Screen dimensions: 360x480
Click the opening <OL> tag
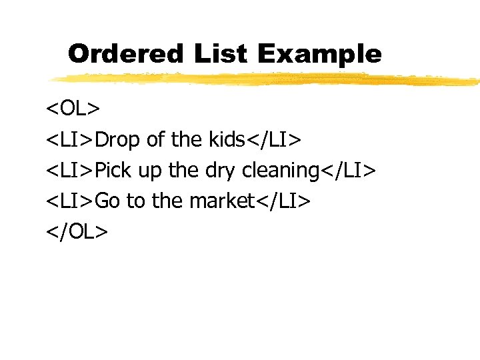[73, 109]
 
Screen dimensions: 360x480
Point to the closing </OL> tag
[77, 231]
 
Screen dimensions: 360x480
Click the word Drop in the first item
[118, 140]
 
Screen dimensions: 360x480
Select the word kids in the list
[227, 140]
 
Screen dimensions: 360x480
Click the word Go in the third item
[107, 201]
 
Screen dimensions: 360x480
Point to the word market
[221, 201]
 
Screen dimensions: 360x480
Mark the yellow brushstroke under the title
[267, 79]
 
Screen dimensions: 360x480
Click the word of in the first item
[155, 140]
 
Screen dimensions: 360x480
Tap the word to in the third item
[136, 201]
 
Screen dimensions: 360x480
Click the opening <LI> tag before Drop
[70, 140]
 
